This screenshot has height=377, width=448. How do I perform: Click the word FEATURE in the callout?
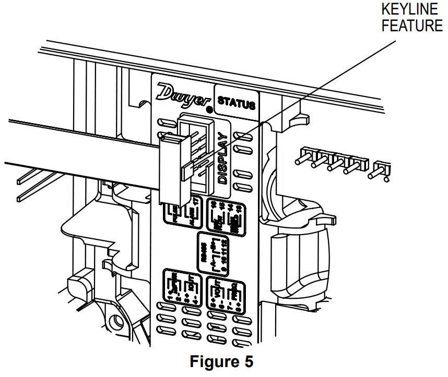tap(412, 26)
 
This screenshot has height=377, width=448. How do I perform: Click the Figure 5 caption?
tap(221, 361)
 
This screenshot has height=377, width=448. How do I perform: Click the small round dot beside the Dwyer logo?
tap(209, 110)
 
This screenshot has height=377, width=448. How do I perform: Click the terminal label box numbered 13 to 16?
tap(226, 216)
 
